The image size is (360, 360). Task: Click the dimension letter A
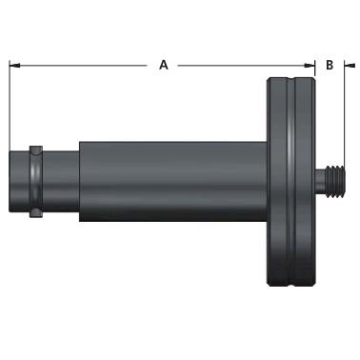(x=164, y=65)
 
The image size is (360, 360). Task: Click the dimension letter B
(x=330, y=65)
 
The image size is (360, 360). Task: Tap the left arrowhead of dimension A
(x=14, y=66)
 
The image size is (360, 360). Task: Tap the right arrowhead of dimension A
(x=310, y=66)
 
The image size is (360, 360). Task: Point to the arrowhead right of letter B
(x=350, y=66)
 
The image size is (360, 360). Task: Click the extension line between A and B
(x=315, y=69)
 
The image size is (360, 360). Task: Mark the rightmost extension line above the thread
(x=345, y=112)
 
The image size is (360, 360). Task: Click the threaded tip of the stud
(x=334, y=182)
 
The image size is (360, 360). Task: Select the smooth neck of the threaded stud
(x=320, y=182)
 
